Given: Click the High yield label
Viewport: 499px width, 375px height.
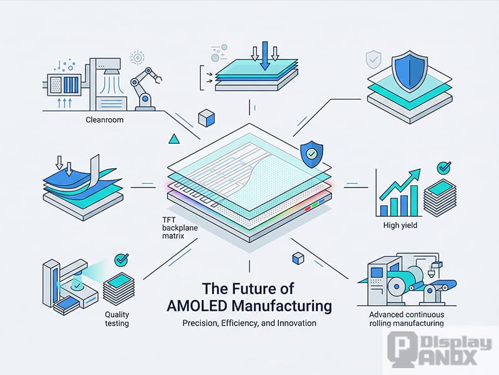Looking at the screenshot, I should (x=400, y=225).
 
